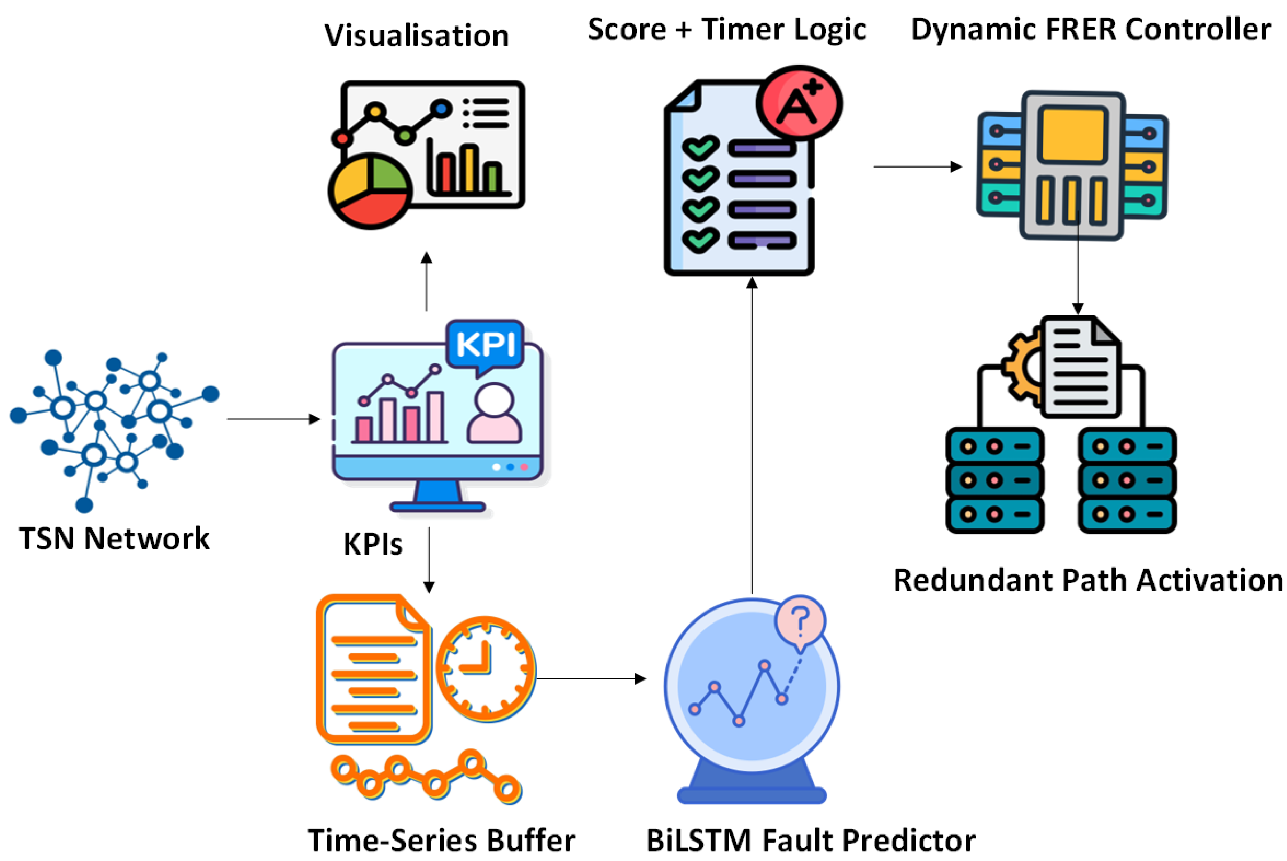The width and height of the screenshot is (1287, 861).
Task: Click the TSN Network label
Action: pyautogui.click(x=114, y=539)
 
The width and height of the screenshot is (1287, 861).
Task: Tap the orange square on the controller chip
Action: pyautogui.click(x=1073, y=135)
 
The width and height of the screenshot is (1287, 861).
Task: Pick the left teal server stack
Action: pyautogui.click(x=994, y=480)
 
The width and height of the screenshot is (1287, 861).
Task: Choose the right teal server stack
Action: pyautogui.click(x=1127, y=480)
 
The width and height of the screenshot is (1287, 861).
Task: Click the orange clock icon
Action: pyautogui.click(x=486, y=669)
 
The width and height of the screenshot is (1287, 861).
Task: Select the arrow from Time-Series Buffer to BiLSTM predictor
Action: pyautogui.click(x=590, y=679)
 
